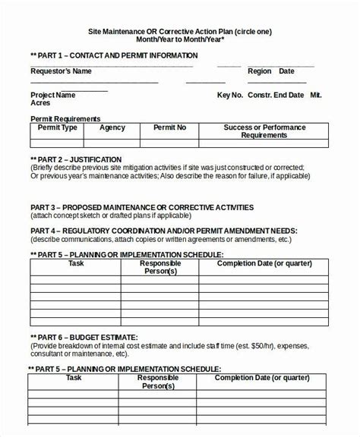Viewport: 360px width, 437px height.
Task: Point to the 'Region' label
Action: (x=259, y=71)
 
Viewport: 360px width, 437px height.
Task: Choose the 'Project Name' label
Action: (x=52, y=96)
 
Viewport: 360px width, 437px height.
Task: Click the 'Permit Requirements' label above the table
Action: (x=65, y=119)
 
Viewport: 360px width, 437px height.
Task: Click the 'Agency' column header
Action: (x=112, y=127)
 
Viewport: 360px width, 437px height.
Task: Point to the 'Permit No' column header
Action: (x=169, y=127)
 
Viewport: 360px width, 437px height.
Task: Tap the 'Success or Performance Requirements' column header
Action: (x=264, y=131)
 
